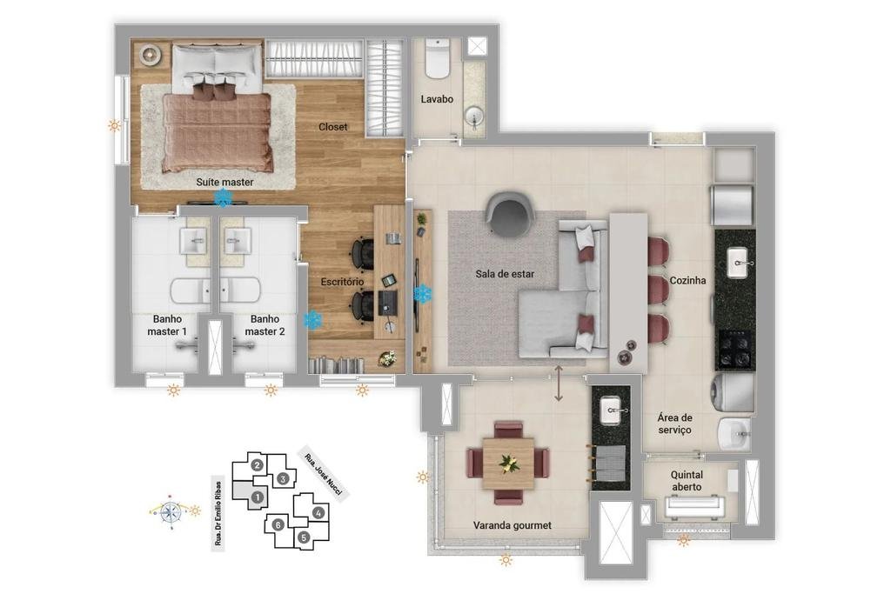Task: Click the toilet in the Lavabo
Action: pos(437,58)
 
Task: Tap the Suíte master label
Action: pos(224,182)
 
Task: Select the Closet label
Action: pos(332,127)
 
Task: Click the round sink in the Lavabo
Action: pos(473,118)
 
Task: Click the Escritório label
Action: pos(342,282)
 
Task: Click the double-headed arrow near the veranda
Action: pos(559,384)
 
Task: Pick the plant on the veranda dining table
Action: pos(508,463)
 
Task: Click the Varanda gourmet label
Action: pos(512,525)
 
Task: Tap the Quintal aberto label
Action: pos(687,480)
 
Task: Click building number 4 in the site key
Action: pos(318,512)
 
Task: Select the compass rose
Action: pos(171,512)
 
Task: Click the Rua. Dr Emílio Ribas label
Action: pos(218,514)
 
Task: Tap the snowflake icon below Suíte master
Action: pos(224,197)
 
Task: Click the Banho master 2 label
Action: pos(265,324)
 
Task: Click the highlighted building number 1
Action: pos(257,497)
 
